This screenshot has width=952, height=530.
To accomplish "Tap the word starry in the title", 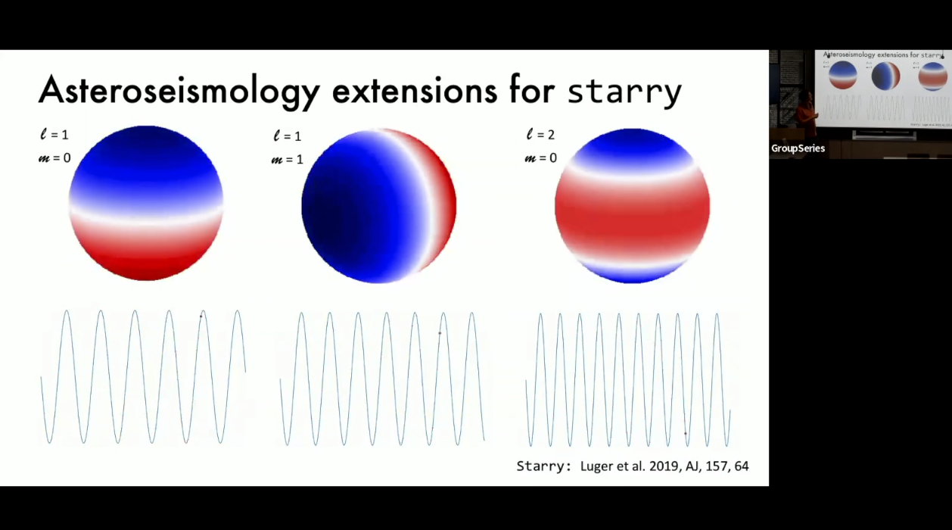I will pos(624,92).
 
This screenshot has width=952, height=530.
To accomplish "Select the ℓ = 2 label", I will pos(540,135).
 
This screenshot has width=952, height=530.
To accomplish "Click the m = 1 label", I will pos(287,160).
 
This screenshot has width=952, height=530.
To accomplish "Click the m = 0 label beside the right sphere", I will pos(540,157).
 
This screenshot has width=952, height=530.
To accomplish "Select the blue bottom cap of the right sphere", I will pos(632,271).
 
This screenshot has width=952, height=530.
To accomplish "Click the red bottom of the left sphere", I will pos(146,265).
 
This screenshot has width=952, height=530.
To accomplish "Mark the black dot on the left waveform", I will pos(201,316).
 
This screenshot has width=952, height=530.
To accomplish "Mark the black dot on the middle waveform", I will pos(440,333).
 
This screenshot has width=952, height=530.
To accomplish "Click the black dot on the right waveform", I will pos(686,434).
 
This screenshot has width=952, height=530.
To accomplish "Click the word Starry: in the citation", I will pos(543,466).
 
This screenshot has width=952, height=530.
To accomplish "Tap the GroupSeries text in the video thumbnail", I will pos(798,148).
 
